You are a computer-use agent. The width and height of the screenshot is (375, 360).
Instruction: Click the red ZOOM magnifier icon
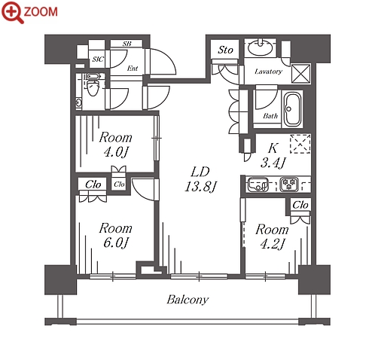coord(12,12)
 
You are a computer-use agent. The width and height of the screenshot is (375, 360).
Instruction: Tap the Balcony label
coord(187,300)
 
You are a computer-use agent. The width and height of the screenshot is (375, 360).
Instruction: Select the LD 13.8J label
coord(200,179)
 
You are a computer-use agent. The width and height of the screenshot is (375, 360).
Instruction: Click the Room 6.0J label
coord(115,235)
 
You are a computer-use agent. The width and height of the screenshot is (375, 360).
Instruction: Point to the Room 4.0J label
coord(115,145)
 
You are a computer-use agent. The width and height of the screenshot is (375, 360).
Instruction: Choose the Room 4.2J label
coord(272,236)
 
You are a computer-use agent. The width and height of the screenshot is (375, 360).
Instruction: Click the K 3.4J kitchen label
coord(273,155)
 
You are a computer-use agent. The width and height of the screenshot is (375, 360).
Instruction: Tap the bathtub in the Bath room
coord(292,110)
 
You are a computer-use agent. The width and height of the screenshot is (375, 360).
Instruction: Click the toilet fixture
coord(93,85)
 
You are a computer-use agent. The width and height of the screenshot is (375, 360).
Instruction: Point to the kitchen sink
coord(258,185)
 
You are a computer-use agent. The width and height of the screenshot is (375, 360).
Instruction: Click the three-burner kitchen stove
coord(289,185)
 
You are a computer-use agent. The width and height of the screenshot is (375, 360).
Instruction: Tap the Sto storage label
coord(225,50)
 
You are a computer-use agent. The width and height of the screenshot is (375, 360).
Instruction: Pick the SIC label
coord(98,59)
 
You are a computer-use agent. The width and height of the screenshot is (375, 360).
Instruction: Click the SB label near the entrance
coord(127,44)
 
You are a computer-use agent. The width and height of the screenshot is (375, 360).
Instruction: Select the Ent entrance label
coord(133,68)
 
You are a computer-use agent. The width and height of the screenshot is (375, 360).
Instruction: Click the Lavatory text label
coord(268,72)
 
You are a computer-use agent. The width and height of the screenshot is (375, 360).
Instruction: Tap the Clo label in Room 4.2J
coord(300,205)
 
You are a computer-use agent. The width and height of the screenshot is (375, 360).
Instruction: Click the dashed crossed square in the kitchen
coord(300,144)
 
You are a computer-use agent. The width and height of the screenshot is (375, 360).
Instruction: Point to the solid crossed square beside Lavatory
coord(300,74)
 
